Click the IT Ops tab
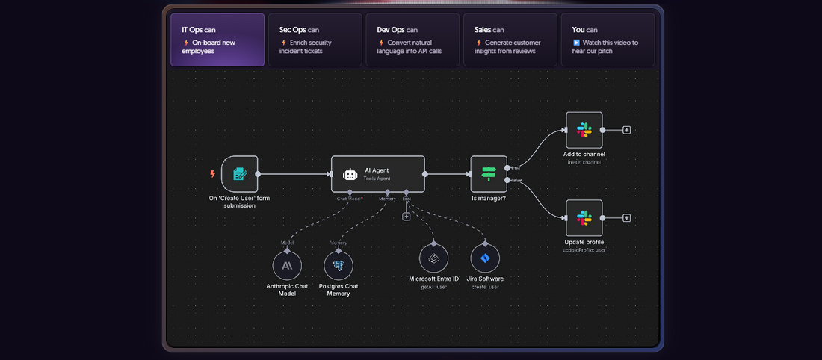tap(217, 40)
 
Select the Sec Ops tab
tap(315, 40)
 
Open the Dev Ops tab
tap(412, 40)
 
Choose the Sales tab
tap(510, 40)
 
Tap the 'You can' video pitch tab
tap(608, 40)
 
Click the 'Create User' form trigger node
tap(239, 174)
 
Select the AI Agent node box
tap(378, 174)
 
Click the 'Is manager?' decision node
tap(489, 174)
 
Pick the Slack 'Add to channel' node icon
tap(584, 130)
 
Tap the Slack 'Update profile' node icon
tap(584, 218)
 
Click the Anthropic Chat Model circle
tap(287, 265)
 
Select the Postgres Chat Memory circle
tap(339, 265)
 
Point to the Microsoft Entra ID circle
tap(433, 258)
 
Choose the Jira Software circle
tap(485, 258)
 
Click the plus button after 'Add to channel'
tap(627, 130)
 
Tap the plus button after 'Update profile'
tap(627, 218)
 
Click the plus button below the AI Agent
tap(407, 217)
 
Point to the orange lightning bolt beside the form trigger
tap(212, 174)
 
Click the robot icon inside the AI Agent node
tap(350, 174)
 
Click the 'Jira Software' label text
tap(485, 279)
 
